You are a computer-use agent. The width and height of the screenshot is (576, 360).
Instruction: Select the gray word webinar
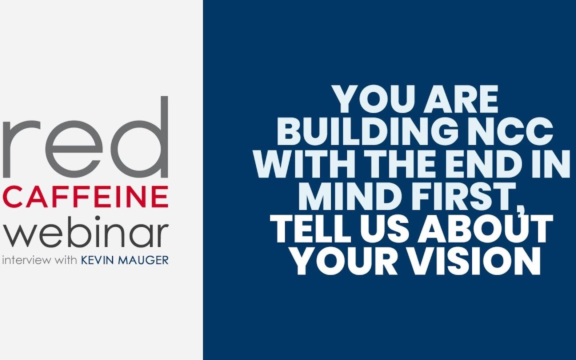pyautogui.click(x=85, y=233)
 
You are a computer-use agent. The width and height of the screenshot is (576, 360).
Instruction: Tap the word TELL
pyautogui.click(x=311, y=230)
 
